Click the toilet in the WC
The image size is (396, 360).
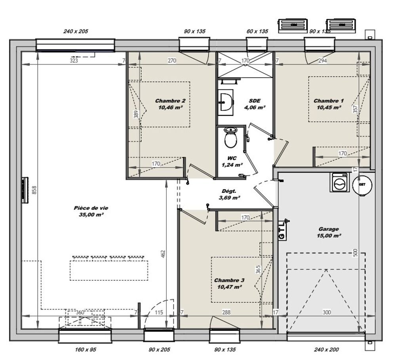point(230,137)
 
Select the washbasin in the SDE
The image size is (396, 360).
point(225,102)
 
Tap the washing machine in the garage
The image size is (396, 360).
point(339,183)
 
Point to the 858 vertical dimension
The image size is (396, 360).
point(34,190)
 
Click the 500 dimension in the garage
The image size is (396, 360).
point(355,252)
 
